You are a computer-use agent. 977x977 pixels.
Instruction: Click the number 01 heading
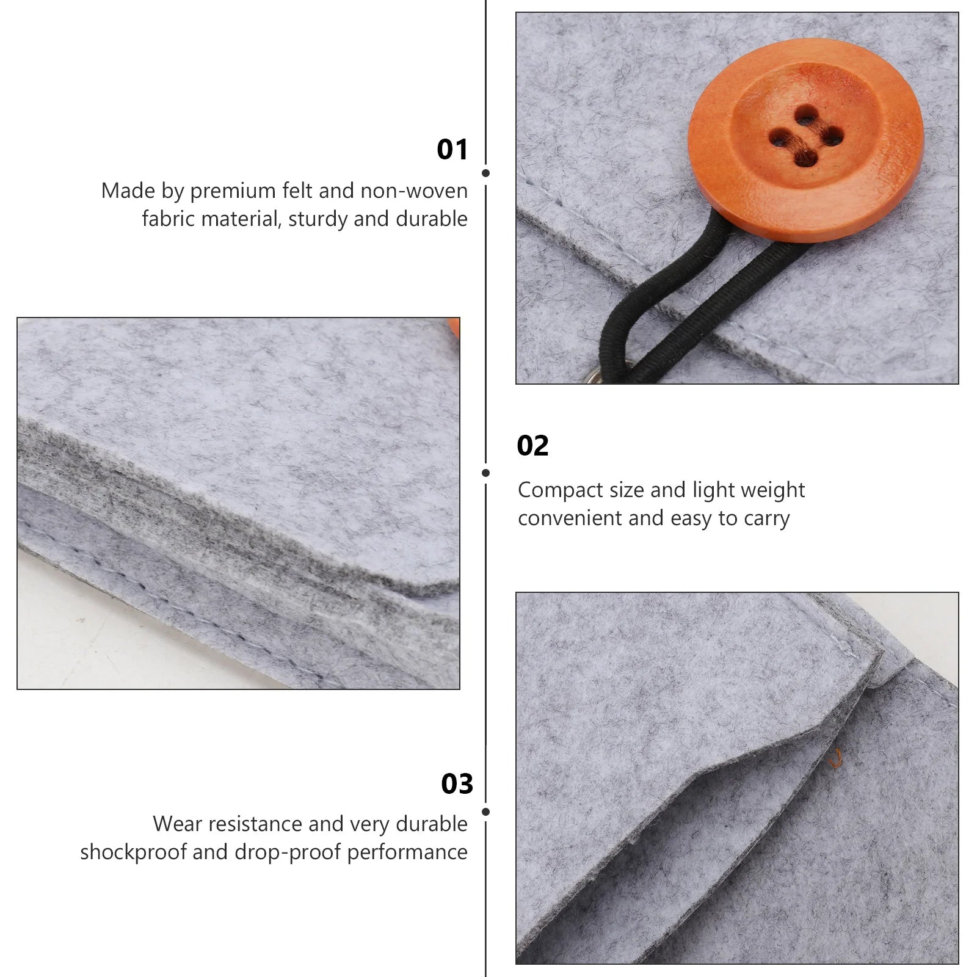(452, 150)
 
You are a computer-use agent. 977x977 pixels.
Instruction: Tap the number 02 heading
(533, 446)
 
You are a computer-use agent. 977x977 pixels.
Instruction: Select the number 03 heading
(457, 783)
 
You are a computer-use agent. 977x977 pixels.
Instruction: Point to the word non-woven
(414, 191)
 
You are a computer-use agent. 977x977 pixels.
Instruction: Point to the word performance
(407, 853)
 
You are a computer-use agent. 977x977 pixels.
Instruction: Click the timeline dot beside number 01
(485, 173)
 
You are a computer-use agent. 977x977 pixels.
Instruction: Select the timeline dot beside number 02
(485, 473)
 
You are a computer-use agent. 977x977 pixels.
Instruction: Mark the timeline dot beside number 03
(485, 812)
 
